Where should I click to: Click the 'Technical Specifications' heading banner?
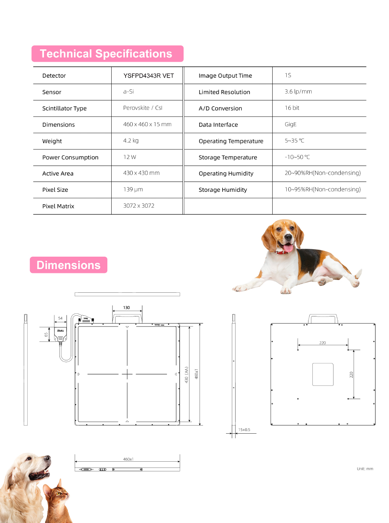(107, 54)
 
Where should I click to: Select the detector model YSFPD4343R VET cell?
(149, 76)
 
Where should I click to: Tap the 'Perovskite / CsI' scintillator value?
(142, 108)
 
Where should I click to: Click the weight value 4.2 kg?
(131, 141)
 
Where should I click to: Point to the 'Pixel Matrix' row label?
(58, 206)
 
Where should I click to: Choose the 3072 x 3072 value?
(138, 206)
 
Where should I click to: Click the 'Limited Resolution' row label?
(224, 92)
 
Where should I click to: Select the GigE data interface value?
(290, 124)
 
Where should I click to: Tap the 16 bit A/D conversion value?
(292, 108)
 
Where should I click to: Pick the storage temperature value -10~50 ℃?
(297, 157)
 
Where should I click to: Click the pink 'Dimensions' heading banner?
(68, 265)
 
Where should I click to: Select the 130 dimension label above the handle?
(126, 308)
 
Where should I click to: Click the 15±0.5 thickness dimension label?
(244, 430)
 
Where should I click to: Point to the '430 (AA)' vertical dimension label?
(186, 375)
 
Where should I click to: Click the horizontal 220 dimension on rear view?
(322, 343)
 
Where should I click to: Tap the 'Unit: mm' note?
(365, 469)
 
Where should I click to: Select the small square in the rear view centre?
(323, 374)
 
